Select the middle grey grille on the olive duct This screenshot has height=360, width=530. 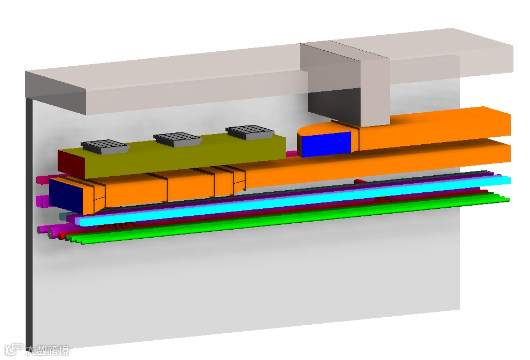(178, 139)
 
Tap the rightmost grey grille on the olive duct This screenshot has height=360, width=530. (250, 132)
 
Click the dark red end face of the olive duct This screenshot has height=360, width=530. (71, 165)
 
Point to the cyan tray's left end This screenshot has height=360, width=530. (78, 222)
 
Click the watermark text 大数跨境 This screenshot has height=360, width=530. (48, 350)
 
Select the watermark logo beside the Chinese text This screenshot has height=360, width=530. (14, 349)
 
